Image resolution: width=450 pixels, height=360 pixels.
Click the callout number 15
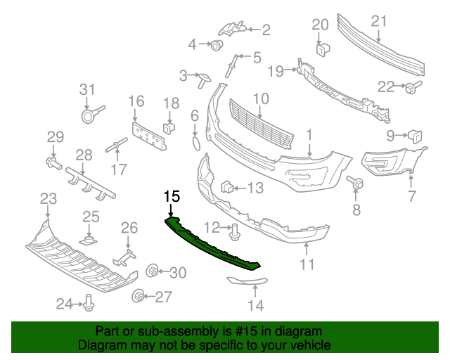172,196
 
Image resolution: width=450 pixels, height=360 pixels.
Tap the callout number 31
86,89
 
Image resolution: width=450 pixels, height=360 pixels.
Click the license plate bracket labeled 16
148,134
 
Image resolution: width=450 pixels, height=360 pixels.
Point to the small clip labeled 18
169,127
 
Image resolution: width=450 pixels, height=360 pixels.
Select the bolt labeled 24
89,303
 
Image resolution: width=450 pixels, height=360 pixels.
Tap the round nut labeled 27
139,297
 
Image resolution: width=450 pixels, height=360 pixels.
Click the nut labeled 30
150,272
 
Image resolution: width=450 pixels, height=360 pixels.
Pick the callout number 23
48,199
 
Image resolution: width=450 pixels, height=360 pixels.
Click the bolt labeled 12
233,229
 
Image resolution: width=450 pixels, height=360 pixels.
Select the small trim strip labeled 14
247,283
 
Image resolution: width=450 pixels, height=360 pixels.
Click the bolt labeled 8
356,184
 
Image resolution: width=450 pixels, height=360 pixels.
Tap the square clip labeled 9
415,135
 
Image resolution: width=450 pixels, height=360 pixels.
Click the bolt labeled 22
409,87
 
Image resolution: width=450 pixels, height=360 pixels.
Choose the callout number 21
379,22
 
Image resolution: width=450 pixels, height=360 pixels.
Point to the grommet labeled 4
216,46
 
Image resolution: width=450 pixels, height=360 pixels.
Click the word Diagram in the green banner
101,345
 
